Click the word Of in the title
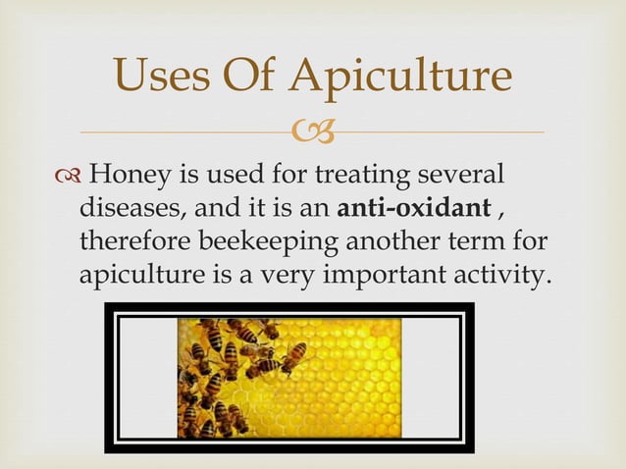259,77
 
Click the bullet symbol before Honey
68,177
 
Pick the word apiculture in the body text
139,273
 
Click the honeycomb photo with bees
289,377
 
